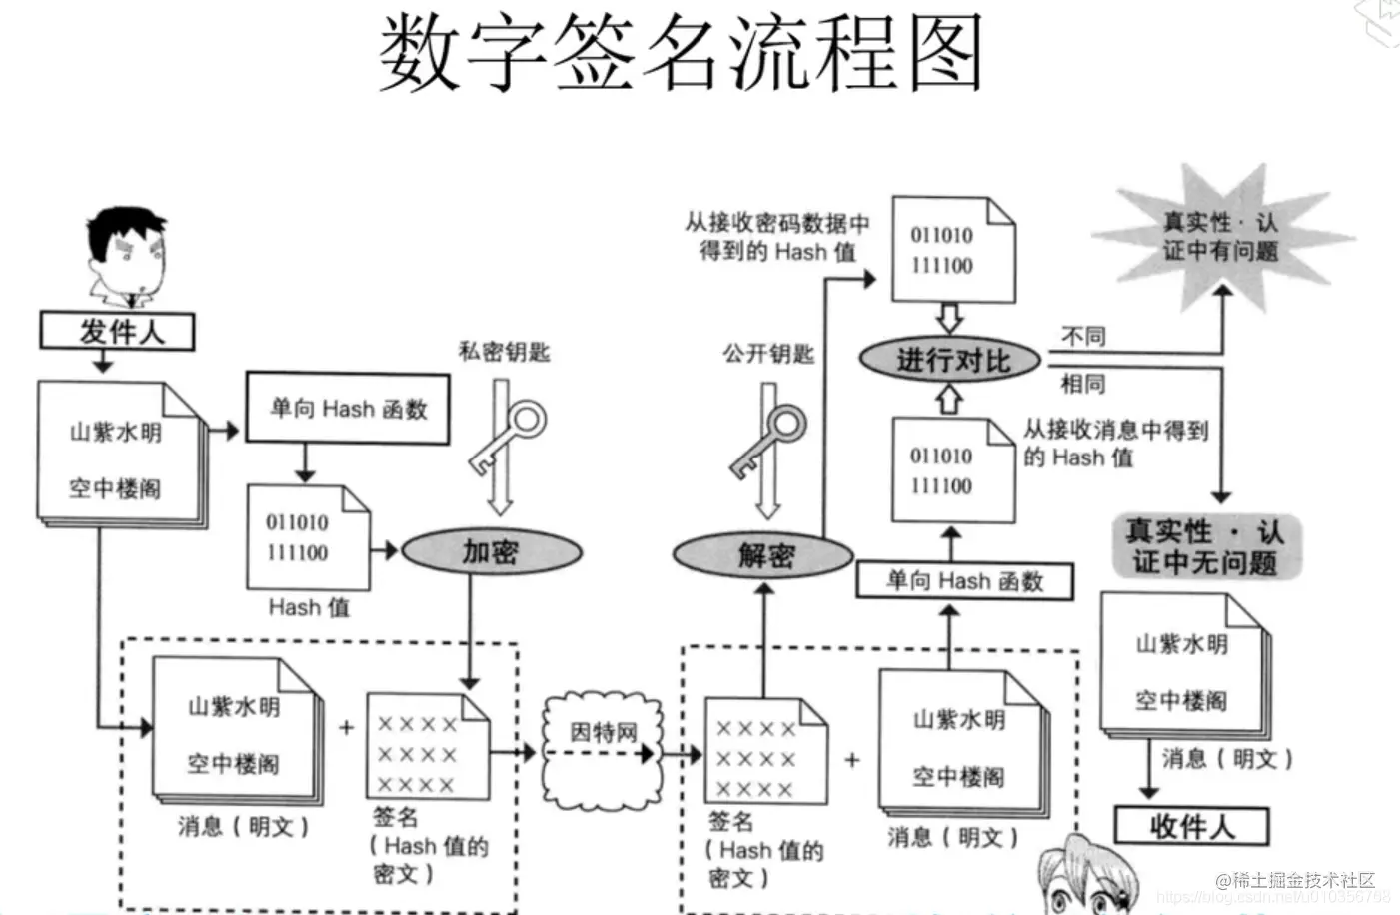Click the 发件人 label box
coord(117,331)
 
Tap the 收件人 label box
coord(1191,826)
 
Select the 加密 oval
coord(491,552)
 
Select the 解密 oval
coord(764,555)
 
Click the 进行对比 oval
coord(950,360)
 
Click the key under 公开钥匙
coord(769,440)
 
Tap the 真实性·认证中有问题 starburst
coord(1220,236)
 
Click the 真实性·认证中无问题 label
coord(1206,546)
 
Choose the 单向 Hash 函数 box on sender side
coord(348,408)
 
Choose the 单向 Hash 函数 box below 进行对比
coord(964,581)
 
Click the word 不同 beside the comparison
coord(1082,336)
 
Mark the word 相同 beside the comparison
coord(1082,384)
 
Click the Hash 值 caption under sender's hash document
coord(309,607)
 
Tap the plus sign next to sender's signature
coord(346,728)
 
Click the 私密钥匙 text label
coord(504,352)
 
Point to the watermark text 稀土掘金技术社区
coord(1295,880)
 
